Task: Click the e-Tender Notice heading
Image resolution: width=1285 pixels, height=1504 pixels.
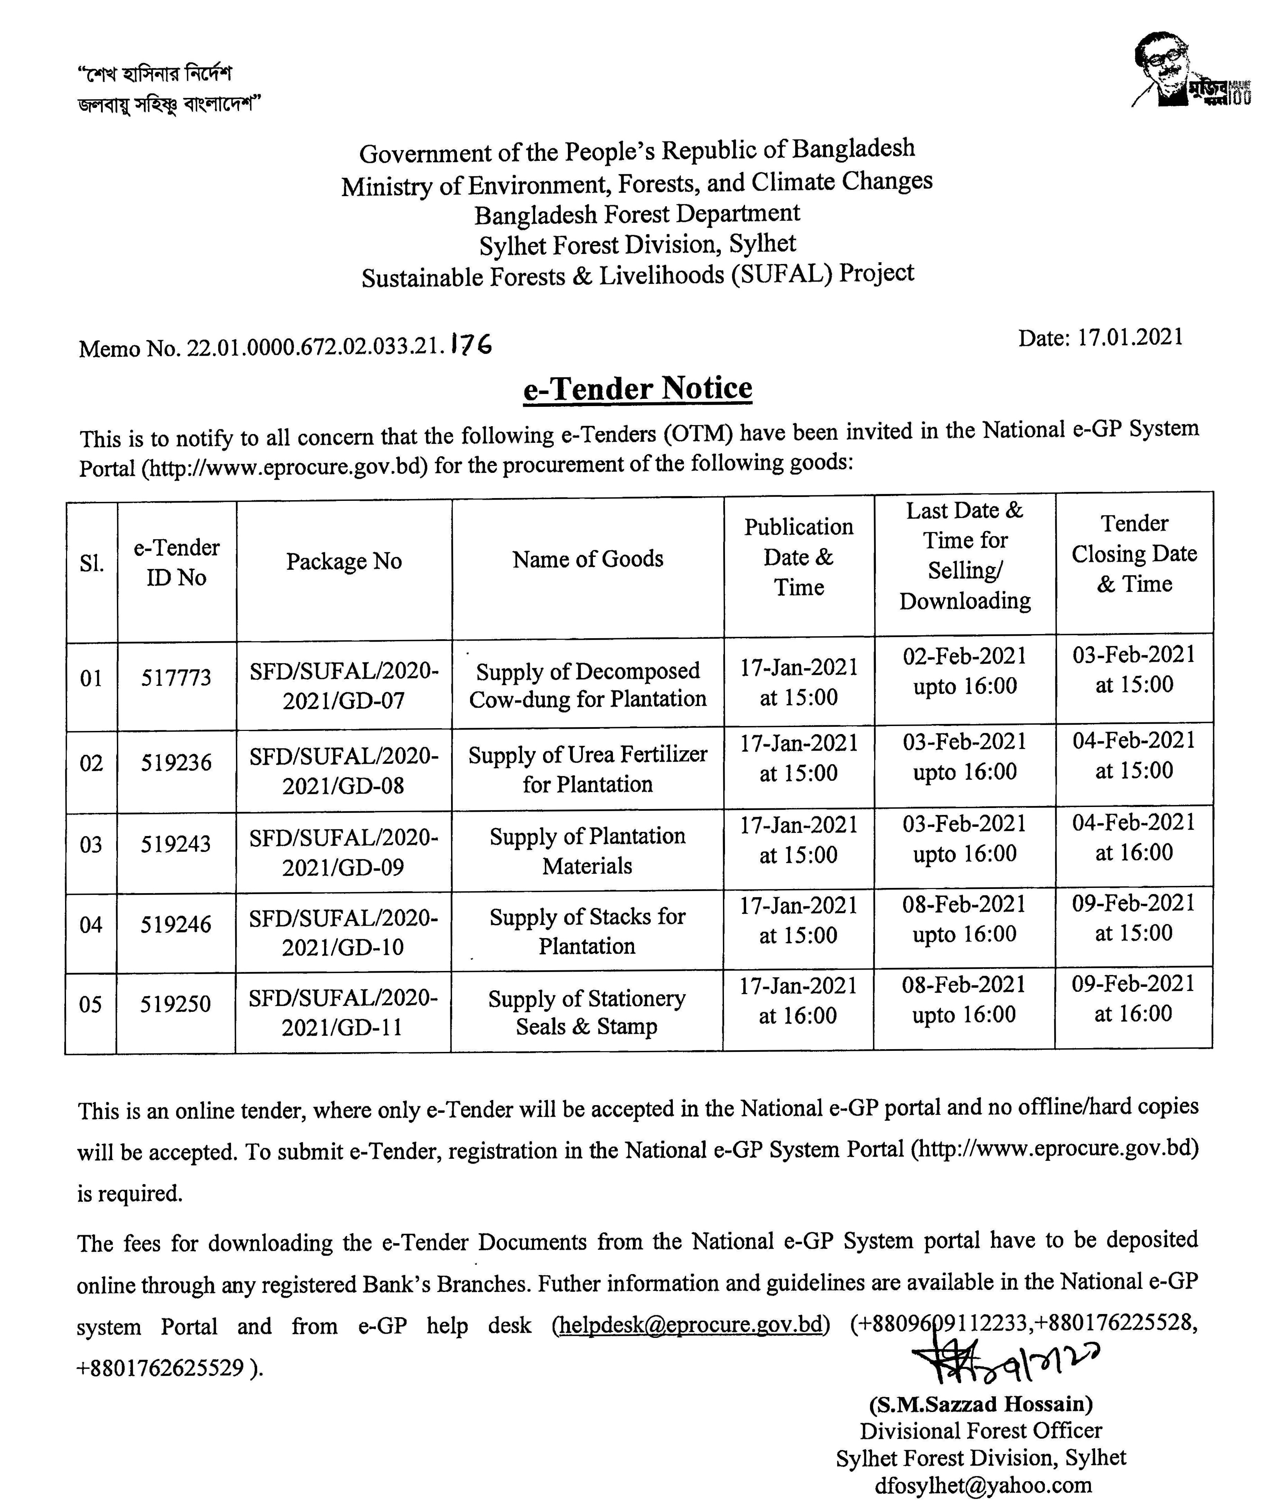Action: click(x=637, y=388)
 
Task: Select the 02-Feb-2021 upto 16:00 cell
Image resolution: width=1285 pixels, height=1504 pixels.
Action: click(x=964, y=671)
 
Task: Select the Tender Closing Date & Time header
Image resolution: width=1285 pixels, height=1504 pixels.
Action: click(x=1134, y=554)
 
